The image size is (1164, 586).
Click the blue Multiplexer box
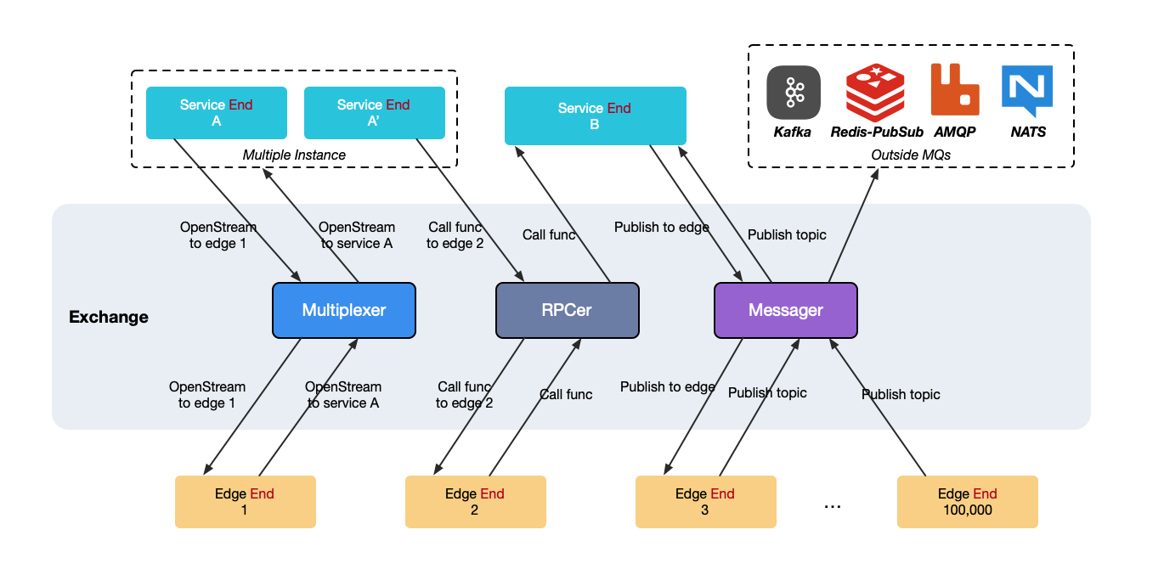[x=343, y=310]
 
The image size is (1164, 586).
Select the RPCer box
[x=567, y=310]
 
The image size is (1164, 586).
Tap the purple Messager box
[x=785, y=310]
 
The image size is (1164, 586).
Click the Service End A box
[x=216, y=112]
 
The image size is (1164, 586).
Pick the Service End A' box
[x=374, y=112]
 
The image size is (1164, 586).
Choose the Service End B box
[x=594, y=116]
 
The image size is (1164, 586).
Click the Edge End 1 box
[x=245, y=502]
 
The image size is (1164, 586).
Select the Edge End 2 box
[x=475, y=502]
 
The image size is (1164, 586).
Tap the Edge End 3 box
[x=705, y=502]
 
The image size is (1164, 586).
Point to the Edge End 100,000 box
[x=967, y=502]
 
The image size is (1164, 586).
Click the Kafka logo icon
[x=793, y=93]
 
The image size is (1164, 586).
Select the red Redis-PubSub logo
[x=875, y=93]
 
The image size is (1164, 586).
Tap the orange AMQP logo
[x=955, y=89]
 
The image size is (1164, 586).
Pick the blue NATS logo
[x=1027, y=91]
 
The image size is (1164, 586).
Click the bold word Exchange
[x=109, y=318]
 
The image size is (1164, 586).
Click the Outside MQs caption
[x=910, y=155]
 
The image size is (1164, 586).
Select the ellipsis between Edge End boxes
[x=833, y=505]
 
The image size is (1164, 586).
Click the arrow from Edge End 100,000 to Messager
[x=879, y=408]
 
